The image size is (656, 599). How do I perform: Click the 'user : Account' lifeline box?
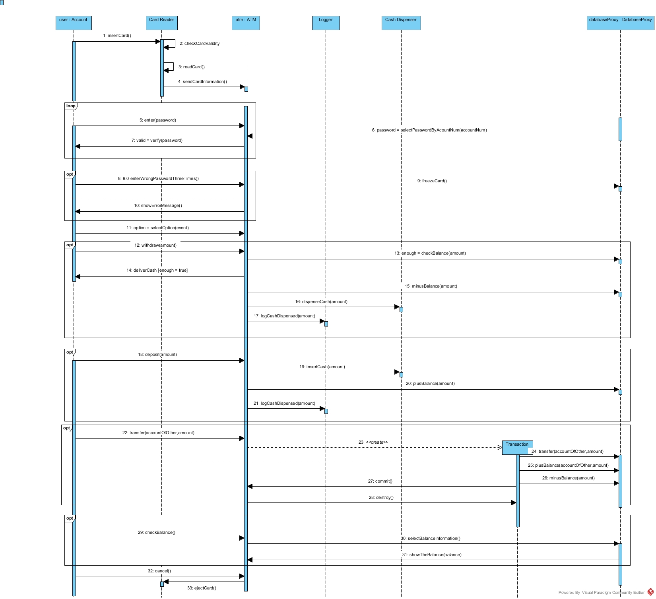(74, 23)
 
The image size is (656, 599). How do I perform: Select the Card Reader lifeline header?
(161, 23)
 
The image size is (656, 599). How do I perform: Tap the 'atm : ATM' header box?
(246, 23)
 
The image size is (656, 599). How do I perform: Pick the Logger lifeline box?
(326, 23)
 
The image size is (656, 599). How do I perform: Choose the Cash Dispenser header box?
(401, 23)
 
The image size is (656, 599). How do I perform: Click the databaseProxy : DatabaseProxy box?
(620, 23)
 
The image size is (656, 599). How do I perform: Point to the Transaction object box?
(517, 446)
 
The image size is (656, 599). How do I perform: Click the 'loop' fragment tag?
(71, 106)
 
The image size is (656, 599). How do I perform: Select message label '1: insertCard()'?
(117, 36)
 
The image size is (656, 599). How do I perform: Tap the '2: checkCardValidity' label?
(199, 44)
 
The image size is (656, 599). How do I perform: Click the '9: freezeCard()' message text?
(432, 181)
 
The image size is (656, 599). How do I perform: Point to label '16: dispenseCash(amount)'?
(321, 302)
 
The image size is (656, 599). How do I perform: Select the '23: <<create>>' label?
(373, 442)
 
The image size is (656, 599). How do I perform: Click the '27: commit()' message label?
(380, 481)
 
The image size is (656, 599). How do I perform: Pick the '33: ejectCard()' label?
(202, 588)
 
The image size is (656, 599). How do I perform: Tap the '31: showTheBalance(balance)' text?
(431, 555)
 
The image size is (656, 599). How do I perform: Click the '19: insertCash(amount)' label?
(322, 367)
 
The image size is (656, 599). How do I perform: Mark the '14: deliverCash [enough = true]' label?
(157, 271)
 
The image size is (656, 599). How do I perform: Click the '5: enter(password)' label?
(157, 120)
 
